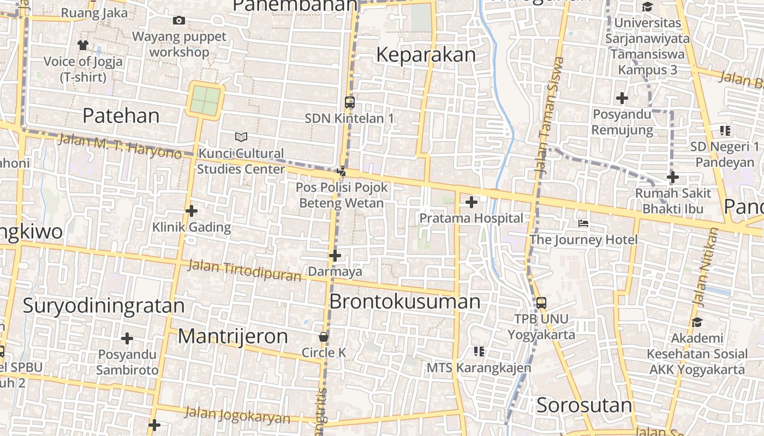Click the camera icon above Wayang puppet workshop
pos(178,21)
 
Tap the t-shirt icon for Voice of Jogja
pos(83,45)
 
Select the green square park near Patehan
pos(205,100)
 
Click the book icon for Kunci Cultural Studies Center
pos(241,137)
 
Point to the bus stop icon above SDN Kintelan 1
pos(350,102)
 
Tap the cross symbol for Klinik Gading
pos(191,211)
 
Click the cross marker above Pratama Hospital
pos(471,203)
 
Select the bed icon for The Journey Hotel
pos(583,223)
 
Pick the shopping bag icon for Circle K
pos(324,337)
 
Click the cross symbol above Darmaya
pos(335,255)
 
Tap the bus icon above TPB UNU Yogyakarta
pos(541,303)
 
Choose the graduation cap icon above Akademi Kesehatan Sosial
pos(696,322)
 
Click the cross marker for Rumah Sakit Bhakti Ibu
pos(672,177)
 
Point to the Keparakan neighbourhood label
pos(426,55)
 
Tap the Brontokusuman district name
pos(405,301)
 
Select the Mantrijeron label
pos(233,336)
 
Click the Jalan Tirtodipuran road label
pos(244,271)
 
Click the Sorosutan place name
pos(584,405)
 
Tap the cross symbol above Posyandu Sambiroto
pos(127,338)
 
